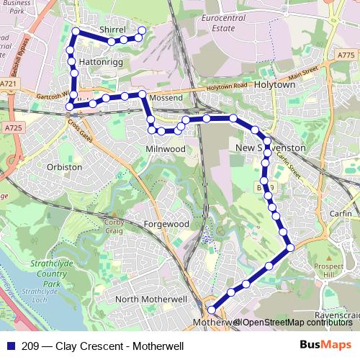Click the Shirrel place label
112,30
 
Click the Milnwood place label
166,148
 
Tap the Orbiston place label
64,166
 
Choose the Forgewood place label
166,224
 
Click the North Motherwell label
151,299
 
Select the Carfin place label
341,215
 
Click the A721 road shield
9,84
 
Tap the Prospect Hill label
330,271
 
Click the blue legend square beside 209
8,346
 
